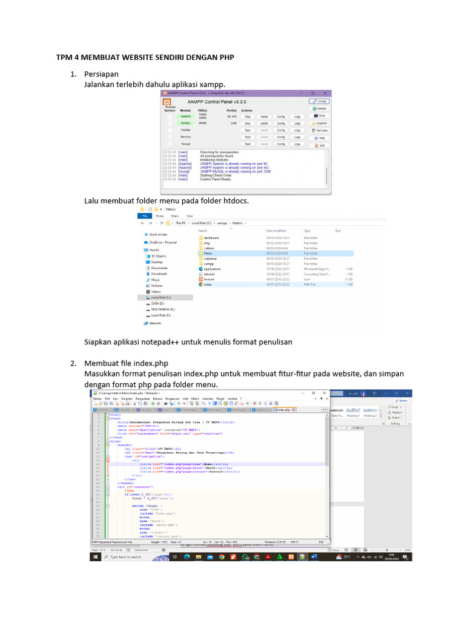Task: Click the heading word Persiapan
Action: click(101, 74)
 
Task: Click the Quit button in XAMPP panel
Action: click(321, 146)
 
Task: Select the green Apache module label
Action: click(185, 116)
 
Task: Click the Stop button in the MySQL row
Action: click(248, 123)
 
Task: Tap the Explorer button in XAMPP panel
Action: click(321, 123)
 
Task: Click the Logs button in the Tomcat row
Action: click(297, 144)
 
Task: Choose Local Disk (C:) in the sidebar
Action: click(160, 297)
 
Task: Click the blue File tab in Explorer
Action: click(144, 216)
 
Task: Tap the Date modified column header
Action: click(275, 231)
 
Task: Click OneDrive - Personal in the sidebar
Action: click(163, 242)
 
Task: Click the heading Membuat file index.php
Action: click(126, 363)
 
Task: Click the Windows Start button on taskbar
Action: click(94, 557)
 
